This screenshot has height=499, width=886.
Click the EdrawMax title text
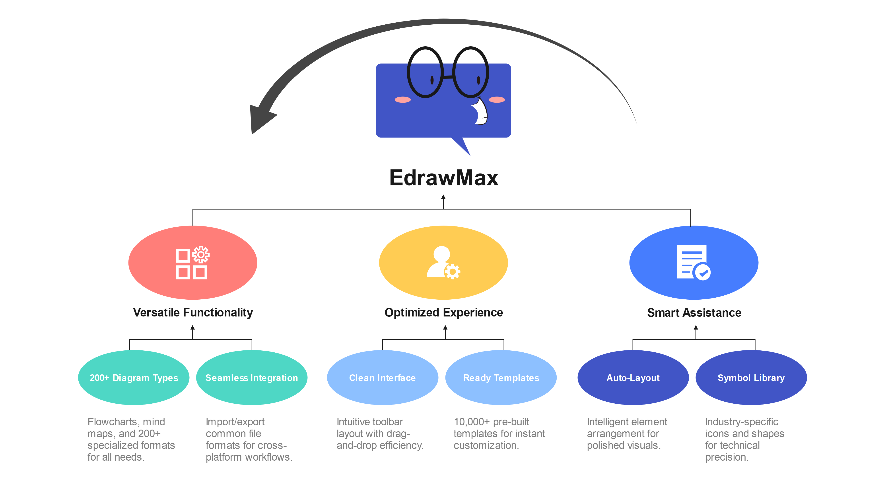point(444,178)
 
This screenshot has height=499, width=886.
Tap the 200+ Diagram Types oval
point(134,378)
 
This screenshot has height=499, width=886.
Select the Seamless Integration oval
point(252,378)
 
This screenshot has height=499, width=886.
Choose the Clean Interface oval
point(383,378)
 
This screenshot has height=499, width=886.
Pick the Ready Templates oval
point(501,378)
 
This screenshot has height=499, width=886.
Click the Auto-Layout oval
point(633,378)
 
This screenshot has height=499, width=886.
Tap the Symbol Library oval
point(751,378)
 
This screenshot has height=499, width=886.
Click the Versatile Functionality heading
point(193,312)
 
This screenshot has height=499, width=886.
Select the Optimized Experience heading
point(444,312)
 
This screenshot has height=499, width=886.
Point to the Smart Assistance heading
point(694,312)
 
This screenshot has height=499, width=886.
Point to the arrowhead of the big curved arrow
point(260,119)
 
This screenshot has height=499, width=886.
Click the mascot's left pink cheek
point(403,100)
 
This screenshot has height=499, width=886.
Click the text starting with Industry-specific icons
point(744,439)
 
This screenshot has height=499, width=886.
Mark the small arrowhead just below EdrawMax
point(443,197)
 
